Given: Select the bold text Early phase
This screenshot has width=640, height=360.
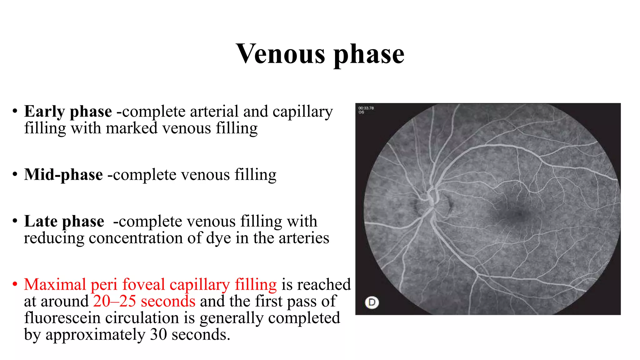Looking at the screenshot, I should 68,112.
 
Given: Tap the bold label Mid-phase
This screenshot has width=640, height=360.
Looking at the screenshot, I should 63,175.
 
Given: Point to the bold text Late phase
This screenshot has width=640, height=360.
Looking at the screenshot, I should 64,222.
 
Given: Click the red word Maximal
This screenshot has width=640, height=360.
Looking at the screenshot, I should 55,285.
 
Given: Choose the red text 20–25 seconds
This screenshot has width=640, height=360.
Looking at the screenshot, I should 144,301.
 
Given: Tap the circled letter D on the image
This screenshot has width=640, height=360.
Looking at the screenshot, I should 372,302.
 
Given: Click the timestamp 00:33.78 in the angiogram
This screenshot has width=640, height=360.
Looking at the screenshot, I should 366,108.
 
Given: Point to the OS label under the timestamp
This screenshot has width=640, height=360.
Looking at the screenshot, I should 361,112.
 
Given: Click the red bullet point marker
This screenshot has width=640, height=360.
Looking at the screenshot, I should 15,285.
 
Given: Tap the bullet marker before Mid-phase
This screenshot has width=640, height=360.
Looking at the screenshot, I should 15,175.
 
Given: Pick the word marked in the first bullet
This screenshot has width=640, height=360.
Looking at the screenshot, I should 131,128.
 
